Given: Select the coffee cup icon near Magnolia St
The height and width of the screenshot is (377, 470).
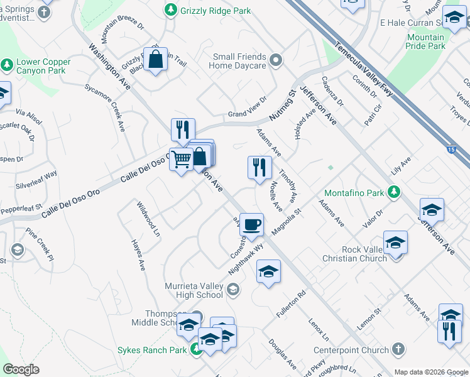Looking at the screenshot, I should pos(251,225).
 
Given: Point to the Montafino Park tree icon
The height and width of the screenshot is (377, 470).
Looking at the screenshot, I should pos(394,192).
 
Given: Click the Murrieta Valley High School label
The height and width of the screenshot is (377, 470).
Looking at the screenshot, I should pos(194,290).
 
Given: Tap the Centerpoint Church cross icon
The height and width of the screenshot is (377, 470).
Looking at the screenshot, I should pos(398,349).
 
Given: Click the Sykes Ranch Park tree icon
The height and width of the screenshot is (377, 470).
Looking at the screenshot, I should pos(197,350).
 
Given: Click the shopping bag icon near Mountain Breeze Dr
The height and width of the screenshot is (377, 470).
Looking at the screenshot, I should pos(156,60).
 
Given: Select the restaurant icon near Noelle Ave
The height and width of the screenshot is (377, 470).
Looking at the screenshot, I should pos(260,167).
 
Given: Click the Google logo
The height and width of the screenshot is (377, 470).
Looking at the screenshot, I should pos(21,369).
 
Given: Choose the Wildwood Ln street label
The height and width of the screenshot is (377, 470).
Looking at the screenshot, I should pos(147,219).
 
